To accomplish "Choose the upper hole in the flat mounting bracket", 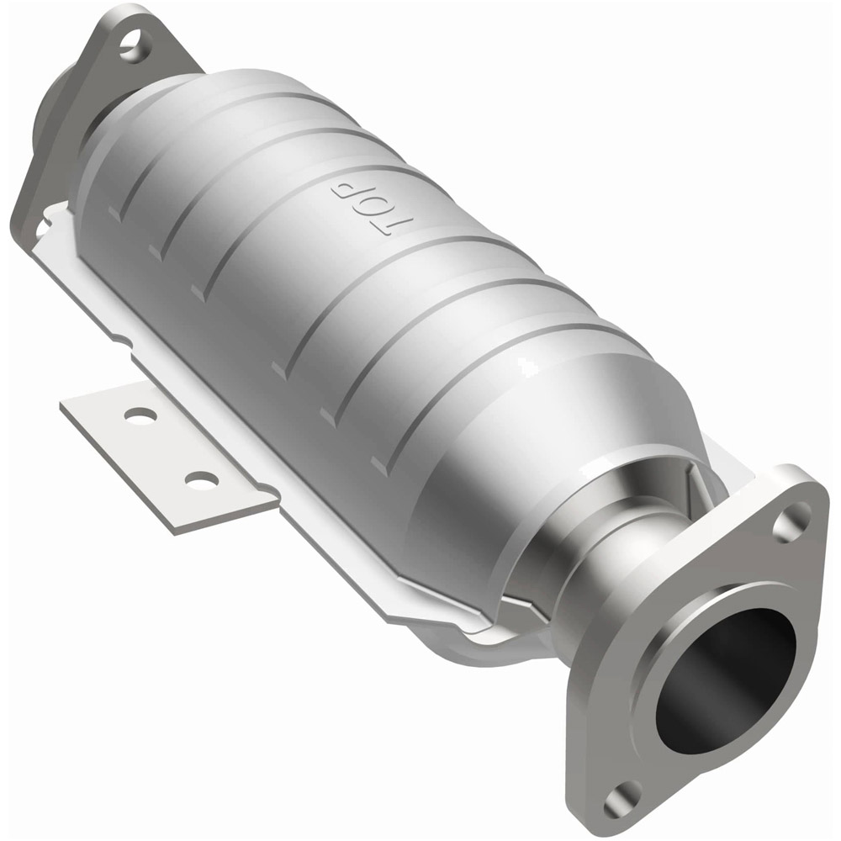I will (x=139, y=415).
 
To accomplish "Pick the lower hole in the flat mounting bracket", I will (x=202, y=480).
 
